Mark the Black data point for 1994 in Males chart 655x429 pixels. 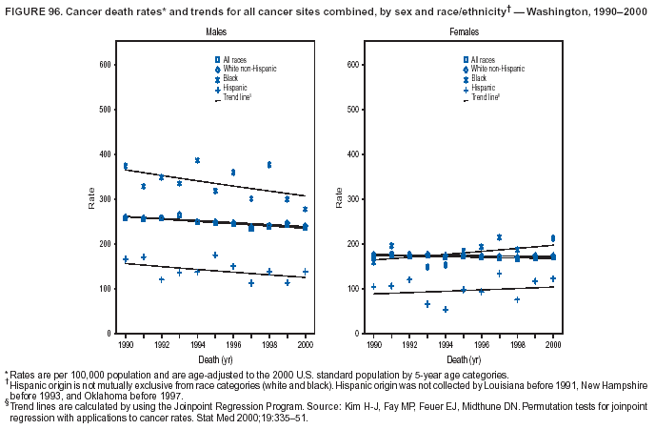click(197, 160)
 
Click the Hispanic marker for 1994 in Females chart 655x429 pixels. click(445, 310)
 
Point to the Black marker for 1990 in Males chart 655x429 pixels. click(126, 166)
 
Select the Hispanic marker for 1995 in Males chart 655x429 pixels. click(215, 255)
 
